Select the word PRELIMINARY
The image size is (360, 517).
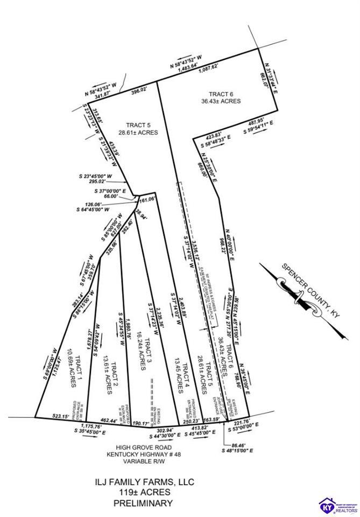[143, 503]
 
